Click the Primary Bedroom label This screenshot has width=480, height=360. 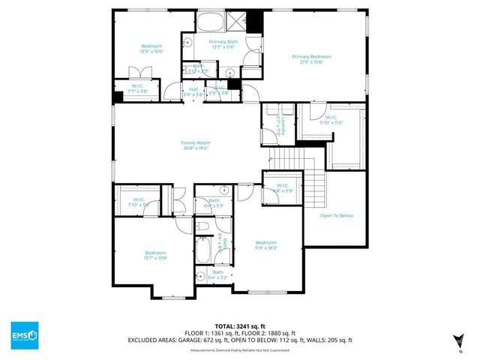[x=311, y=56]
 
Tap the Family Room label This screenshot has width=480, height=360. [x=195, y=142]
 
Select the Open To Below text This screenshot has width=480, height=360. [x=337, y=215]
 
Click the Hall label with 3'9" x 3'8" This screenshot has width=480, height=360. [x=193, y=91]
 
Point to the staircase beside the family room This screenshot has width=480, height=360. [x=285, y=158]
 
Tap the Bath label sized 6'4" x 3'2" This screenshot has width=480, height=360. [x=217, y=274]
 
